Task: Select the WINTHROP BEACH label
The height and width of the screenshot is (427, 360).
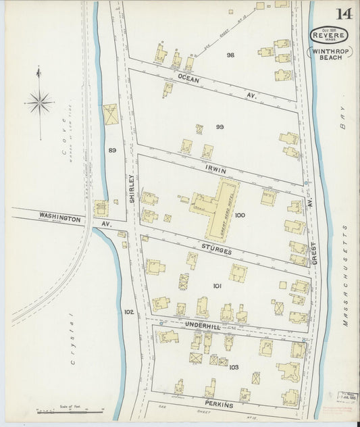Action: [x=328, y=54]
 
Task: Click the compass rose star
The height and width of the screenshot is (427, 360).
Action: [x=40, y=103]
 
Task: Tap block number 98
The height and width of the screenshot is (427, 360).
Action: [x=231, y=55]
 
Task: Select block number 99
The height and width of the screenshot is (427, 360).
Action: [x=219, y=127]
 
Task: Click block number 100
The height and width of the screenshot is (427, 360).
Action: [x=240, y=216]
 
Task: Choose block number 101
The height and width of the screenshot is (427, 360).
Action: [x=217, y=286]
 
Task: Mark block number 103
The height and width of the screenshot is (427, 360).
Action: [x=234, y=367]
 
